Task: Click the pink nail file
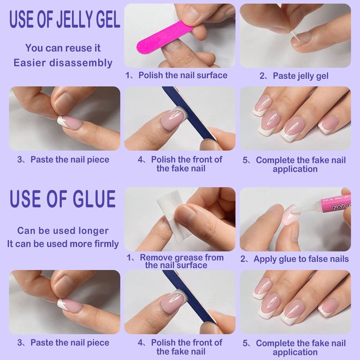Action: [x=165, y=38]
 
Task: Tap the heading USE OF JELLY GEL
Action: [x=64, y=19]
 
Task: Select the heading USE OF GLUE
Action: [x=63, y=199]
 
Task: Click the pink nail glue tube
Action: [x=336, y=204]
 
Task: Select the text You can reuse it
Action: [x=63, y=48]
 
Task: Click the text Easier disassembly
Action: [x=63, y=63]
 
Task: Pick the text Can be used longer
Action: [x=63, y=231]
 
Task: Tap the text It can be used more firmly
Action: [x=63, y=244]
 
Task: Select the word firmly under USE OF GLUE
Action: [x=108, y=244]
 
